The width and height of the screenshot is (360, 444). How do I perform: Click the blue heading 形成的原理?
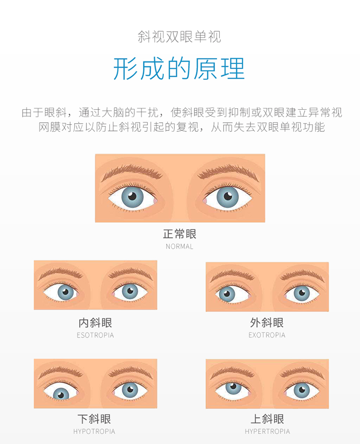(179, 69)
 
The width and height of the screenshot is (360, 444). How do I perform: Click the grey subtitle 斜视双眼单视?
(180, 37)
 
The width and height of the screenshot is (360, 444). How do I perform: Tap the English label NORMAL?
(180, 246)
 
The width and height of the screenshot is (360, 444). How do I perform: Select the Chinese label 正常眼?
(180, 234)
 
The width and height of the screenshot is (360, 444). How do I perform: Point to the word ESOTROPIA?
(95, 335)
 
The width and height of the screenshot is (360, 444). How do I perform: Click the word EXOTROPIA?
(267, 335)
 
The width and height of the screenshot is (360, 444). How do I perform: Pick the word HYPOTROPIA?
(95, 432)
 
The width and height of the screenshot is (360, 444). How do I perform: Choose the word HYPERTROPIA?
(267, 432)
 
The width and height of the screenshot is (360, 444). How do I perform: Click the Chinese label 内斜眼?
(95, 323)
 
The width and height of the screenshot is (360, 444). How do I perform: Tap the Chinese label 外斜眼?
(267, 323)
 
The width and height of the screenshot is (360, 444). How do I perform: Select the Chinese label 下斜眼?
(95, 419)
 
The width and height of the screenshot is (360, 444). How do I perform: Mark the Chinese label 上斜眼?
(267, 419)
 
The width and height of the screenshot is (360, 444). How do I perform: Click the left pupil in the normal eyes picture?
(132, 196)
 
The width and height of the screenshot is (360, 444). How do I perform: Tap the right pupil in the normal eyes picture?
(228, 196)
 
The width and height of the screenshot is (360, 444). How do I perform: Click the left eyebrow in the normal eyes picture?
(132, 172)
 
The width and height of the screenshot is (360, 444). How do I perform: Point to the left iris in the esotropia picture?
(66, 292)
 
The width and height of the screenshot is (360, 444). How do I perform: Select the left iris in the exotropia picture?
(227, 294)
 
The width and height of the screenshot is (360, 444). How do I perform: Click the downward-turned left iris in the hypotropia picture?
(61, 393)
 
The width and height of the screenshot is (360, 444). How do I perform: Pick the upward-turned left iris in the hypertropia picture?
(233, 387)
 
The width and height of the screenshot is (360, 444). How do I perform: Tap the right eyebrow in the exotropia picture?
(302, 275)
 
